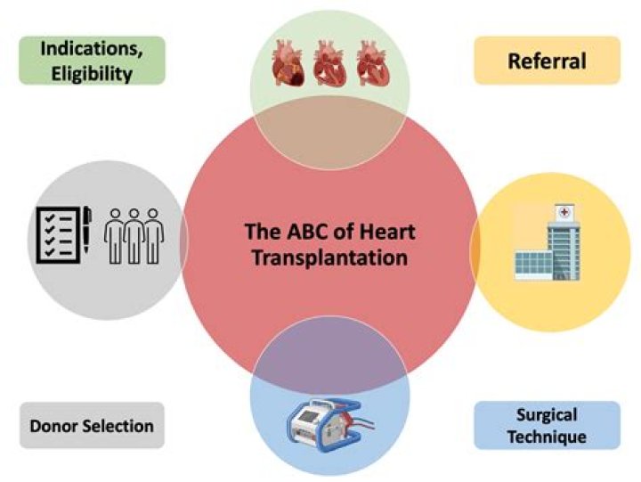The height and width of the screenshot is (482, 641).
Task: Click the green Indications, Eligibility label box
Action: pos(91,61)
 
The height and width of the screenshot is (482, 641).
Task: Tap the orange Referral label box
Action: pos(547,61)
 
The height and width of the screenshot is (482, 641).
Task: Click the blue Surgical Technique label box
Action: pos(547,425)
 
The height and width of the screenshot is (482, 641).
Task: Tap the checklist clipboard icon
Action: pos(58,234)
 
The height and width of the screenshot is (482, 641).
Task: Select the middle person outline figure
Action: pos(134,236)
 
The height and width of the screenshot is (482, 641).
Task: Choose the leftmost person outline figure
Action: pos(115,236)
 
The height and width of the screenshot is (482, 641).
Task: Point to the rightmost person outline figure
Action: pos(153,236)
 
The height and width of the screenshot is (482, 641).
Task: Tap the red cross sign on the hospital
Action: pos(564,214)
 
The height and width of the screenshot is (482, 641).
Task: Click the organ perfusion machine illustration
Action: pos(326,420)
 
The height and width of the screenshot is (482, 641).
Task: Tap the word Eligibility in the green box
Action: pos(91,73)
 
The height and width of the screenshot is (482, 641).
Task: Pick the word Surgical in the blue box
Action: pos(547,415)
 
